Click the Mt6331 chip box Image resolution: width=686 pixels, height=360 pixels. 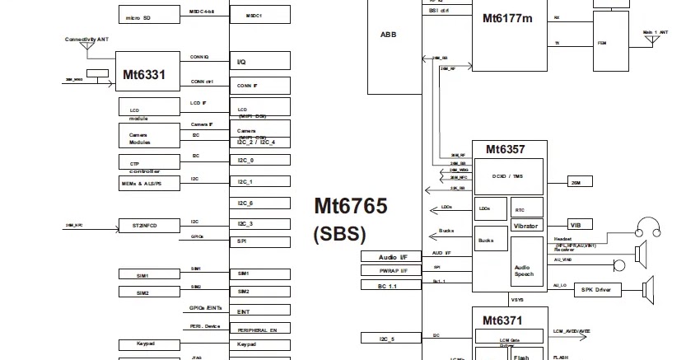145,74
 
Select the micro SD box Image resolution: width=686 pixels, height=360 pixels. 149,16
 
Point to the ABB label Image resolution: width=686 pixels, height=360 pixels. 388,35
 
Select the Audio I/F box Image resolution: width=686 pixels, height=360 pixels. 391,257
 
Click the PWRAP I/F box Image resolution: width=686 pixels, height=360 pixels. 391,270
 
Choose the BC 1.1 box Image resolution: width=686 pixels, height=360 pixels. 391,284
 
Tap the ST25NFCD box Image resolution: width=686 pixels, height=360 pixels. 149,225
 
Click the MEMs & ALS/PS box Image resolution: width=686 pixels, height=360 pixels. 149,184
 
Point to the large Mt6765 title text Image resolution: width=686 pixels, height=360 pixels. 350,207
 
